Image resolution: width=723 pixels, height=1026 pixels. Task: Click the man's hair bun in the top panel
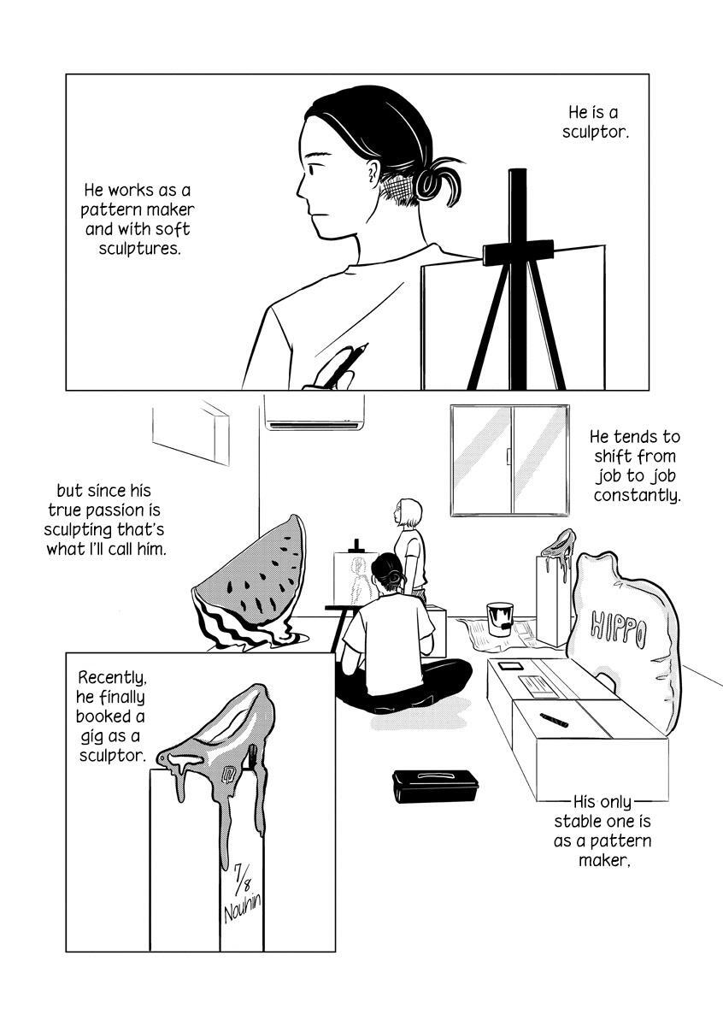(438, 181)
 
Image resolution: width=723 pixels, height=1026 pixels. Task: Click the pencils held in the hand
(341, 364)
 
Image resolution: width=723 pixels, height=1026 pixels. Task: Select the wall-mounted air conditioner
(314, 413)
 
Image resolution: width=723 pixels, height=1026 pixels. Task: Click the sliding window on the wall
(510, 460)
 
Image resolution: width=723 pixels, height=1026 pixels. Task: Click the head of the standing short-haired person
(408, 513)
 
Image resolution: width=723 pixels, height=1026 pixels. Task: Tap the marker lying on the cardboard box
(554, 720)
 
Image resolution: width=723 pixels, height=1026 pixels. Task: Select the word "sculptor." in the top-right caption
(596, 132)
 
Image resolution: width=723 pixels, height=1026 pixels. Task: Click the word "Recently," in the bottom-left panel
(113, 677)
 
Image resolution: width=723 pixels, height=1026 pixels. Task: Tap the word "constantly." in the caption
(638, 495)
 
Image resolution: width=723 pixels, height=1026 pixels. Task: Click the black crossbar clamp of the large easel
(518, 252)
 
